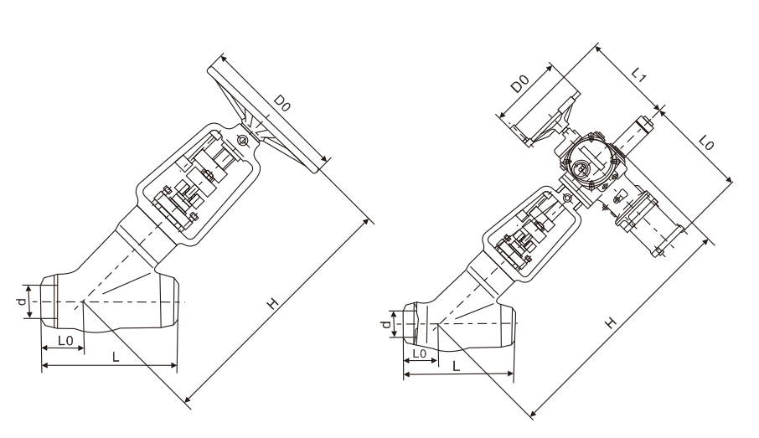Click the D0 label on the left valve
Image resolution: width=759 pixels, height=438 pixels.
[281, 103]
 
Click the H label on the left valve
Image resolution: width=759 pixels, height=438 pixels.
[273, 303]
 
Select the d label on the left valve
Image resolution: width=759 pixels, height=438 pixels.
[21, 301]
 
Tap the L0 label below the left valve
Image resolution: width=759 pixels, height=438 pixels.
[65, 341]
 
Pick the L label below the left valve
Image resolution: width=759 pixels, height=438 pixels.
[116, 357]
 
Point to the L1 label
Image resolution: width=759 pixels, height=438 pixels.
[640, 75]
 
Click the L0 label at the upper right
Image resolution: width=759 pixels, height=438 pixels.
[707, 142]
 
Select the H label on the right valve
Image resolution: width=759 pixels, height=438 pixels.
[612, 322]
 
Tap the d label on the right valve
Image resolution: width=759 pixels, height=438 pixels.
[386, 324]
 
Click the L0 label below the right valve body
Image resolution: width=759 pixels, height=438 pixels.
[420, 353]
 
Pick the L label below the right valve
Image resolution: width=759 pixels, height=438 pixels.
[456, 366]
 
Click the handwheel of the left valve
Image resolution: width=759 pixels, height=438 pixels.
[268, 117]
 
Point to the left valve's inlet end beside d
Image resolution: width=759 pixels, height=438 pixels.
[49, 301]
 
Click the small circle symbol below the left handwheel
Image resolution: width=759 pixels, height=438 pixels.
[242, 141]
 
